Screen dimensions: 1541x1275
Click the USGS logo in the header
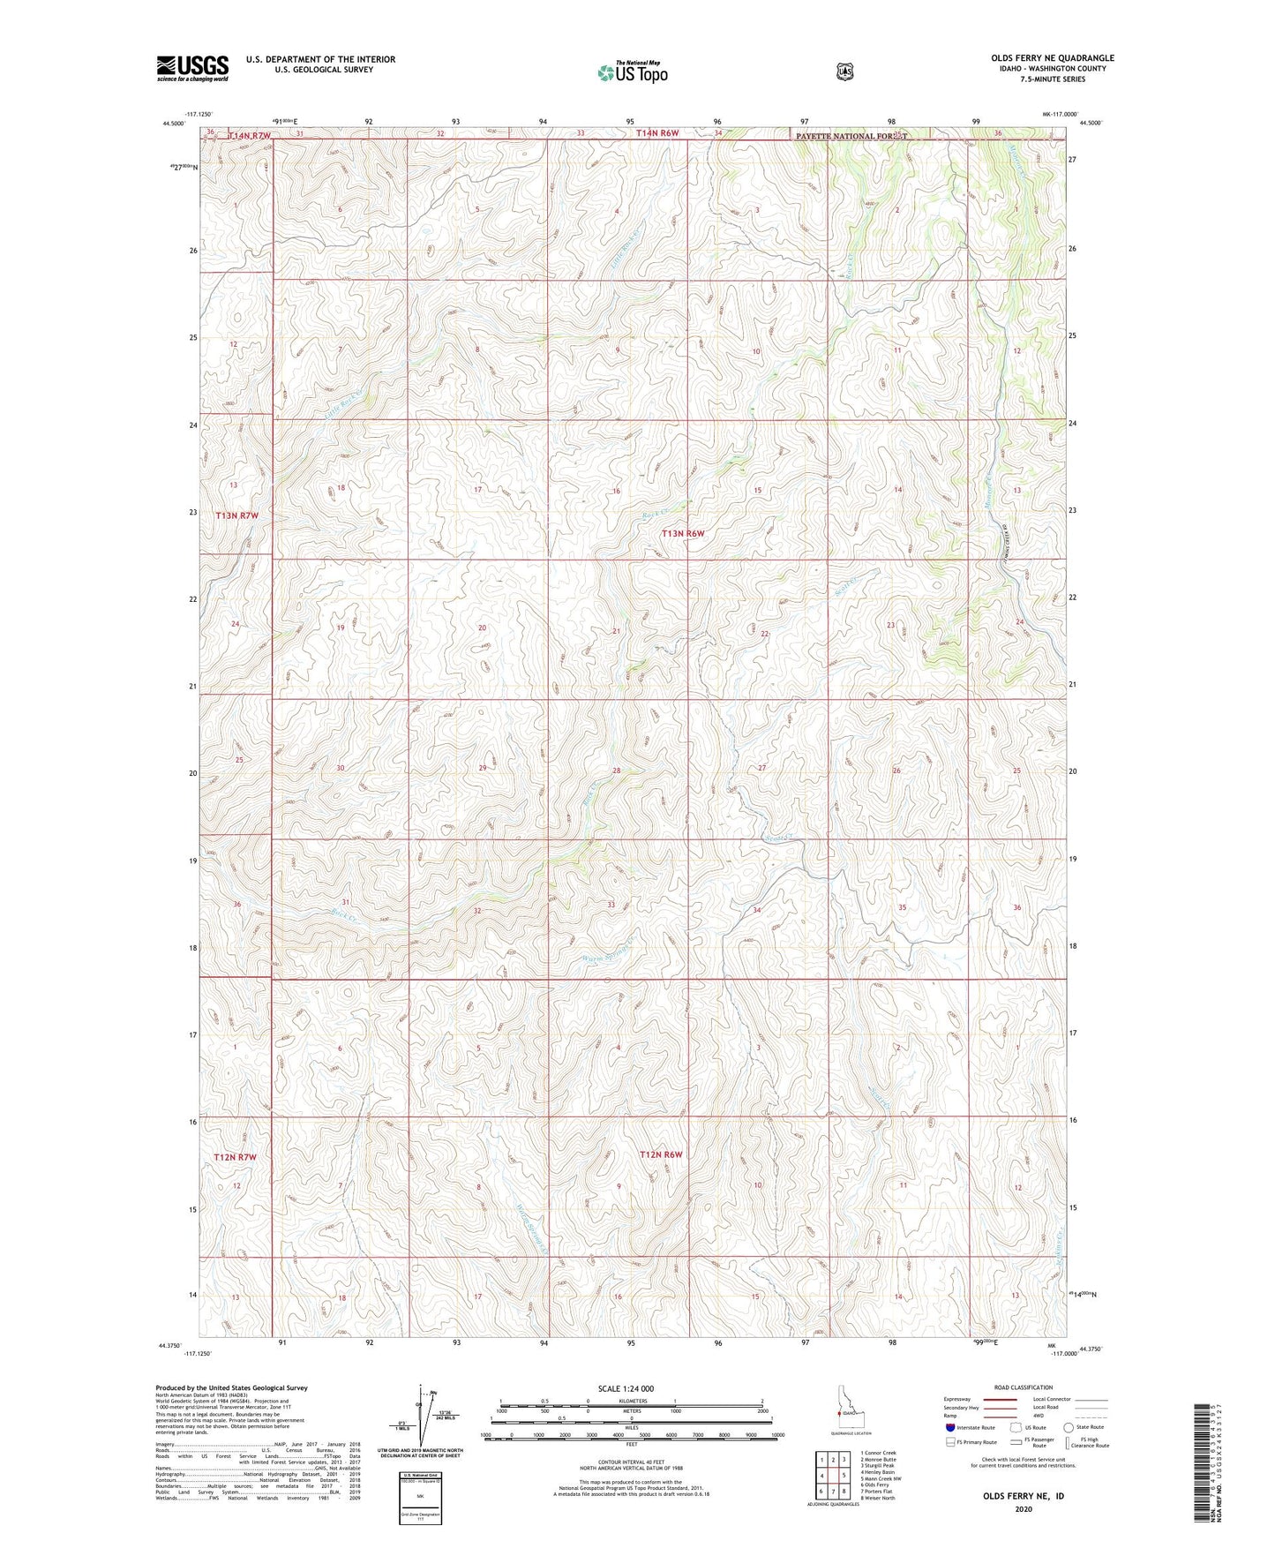192,68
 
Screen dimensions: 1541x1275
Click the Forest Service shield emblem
845,71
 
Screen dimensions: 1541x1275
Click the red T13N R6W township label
684,533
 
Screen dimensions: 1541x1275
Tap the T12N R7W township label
236,1156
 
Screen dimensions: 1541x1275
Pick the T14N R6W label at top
658,133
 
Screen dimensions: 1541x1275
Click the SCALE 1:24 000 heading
626,1388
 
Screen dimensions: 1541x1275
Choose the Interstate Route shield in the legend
950,1427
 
